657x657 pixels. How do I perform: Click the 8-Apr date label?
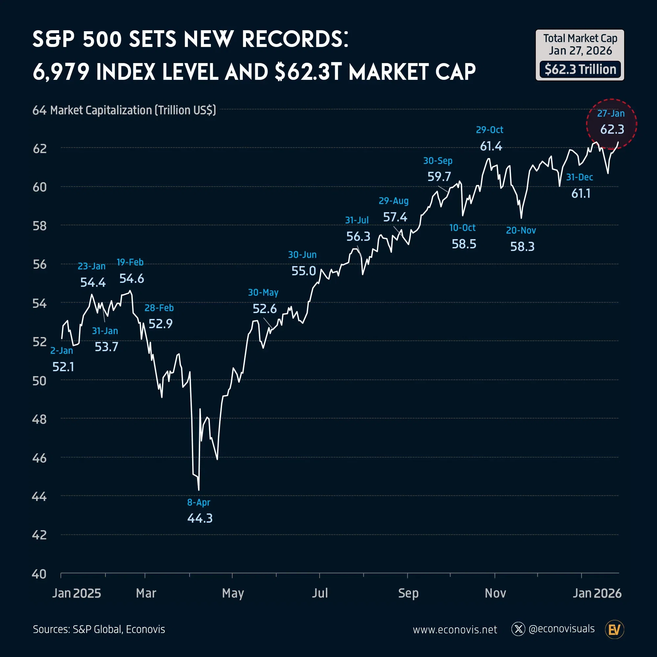click(x=199, y=502)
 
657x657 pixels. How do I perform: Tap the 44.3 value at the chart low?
click(x=200, y=518)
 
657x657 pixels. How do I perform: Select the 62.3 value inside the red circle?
click(x=612, y=129)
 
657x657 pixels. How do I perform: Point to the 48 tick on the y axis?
click(x=39, y=419)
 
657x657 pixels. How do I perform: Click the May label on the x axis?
click(x=233, y=593)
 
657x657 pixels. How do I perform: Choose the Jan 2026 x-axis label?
click(x=597, y=593)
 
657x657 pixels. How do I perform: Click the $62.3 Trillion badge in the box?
click(x=580, y=69)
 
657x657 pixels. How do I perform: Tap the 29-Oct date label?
click(x=489, y=129)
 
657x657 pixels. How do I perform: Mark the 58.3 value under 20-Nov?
click(x=522, y=247)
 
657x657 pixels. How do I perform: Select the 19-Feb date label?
click(x=130, y=262)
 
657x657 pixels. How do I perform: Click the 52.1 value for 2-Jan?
click(x=63, y=367)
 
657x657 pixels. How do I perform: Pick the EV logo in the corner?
click(x=615, y=629)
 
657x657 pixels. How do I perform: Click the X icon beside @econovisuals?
click(x=518, y=629)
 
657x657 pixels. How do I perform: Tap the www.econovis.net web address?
click(x=455, y=629)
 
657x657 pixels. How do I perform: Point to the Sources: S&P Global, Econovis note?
click(x=99, y=629)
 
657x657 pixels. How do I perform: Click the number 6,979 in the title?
click(x=61, y=72)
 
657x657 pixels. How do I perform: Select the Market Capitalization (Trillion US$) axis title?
click(x=133, y=110)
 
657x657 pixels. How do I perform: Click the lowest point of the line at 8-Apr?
click(x=199, y=490)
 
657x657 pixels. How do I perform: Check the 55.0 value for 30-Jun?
click(x=304, y=271)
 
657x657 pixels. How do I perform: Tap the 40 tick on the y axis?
click(x=39, y=574)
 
